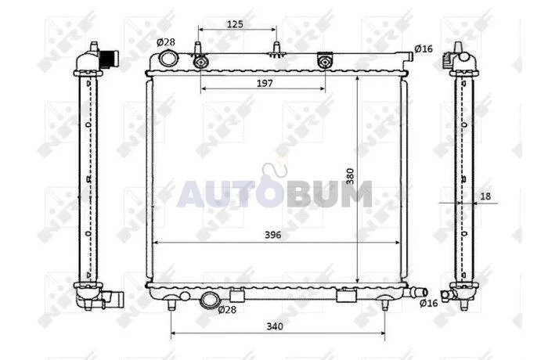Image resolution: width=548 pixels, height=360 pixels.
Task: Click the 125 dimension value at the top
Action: click(x=235, y=24)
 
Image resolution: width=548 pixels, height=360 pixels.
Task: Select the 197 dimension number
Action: click(x=265, y=83)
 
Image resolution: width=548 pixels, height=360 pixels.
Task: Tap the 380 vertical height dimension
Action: click(x=350, y=176)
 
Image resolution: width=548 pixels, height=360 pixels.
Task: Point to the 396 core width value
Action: click(x=273, y=235)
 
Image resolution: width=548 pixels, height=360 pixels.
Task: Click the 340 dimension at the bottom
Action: click(x=275, y=326)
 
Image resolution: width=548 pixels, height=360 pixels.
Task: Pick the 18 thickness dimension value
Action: click(x=485, y=196)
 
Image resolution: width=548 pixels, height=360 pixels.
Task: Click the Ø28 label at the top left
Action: click(x=166, y=42)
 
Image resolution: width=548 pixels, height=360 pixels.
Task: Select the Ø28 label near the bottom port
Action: click(x=227, y=309)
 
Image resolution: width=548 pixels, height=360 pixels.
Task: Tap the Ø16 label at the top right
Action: click(x=424, y=49)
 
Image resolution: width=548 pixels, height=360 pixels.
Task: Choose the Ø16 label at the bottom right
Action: click(x=428, y=303)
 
